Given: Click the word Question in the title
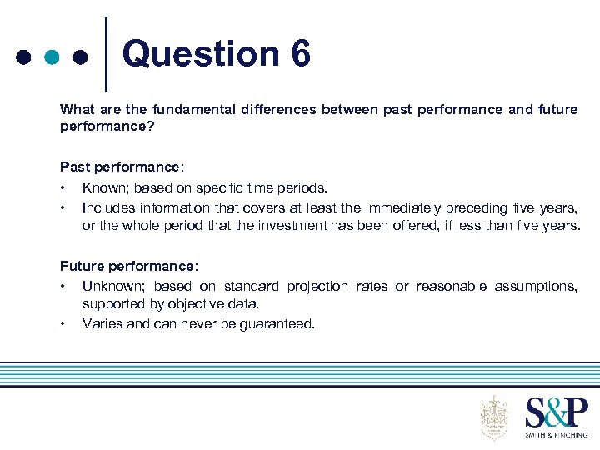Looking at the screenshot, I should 201,55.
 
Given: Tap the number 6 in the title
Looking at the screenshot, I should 302,55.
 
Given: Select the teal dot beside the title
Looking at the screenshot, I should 52,58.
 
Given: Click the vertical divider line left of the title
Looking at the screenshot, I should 107,54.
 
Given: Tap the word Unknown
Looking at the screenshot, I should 112,287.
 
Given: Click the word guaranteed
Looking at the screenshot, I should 278,324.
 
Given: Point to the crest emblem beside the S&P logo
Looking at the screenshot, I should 494,417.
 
